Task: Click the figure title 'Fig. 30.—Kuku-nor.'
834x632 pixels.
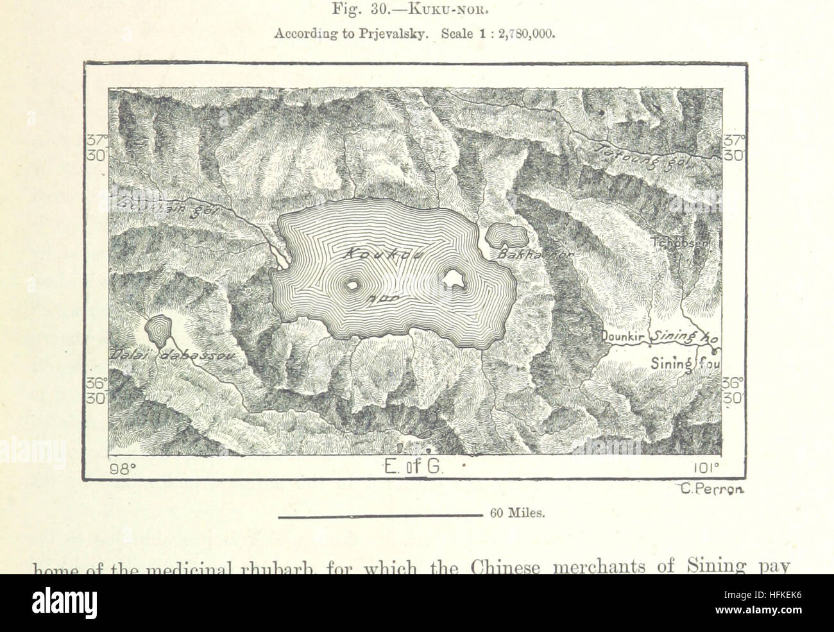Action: (414, 12)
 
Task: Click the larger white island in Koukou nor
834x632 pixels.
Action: (454, 278)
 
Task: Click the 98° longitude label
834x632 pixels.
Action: (123, 468)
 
